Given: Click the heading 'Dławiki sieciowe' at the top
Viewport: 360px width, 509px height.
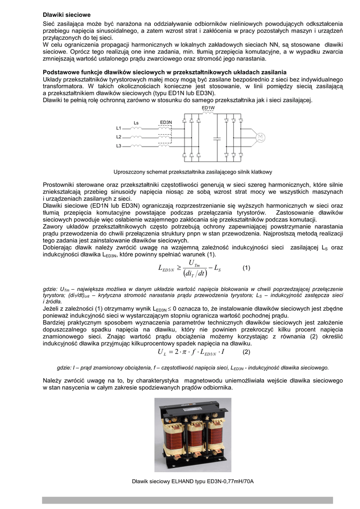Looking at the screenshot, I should (67, 15).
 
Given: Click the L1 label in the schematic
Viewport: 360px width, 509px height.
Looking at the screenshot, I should (119, 128).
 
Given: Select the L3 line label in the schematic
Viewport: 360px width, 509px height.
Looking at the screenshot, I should (119, 146).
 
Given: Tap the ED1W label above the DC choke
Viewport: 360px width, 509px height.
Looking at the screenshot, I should (208, 108).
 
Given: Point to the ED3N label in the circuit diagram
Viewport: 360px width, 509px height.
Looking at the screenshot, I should (166, 122).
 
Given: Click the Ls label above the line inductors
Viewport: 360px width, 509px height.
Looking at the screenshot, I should (136, 123).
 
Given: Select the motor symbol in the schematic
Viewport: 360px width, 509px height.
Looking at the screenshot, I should (260, 137).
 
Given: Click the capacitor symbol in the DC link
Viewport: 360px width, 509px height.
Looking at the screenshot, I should (217, 137).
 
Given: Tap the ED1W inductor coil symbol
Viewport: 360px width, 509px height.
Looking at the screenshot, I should (208, 113).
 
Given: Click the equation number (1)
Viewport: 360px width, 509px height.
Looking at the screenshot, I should (247, 268).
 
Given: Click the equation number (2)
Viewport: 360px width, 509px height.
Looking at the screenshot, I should (246, 352).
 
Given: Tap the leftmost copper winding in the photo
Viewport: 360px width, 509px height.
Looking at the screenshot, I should (172, 434).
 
